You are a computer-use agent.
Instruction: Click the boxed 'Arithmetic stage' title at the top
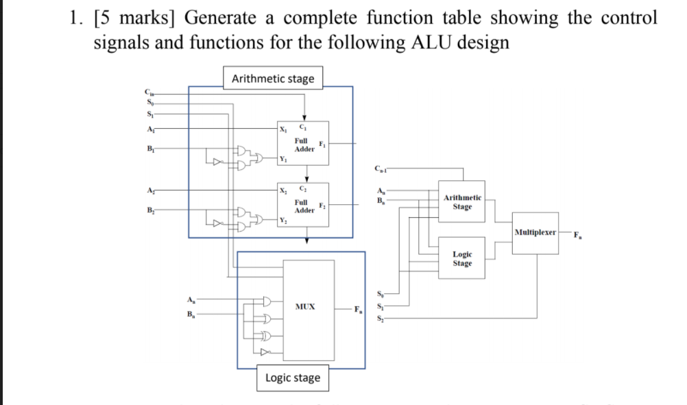click(273, 79)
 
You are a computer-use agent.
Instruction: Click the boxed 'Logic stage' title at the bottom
click(293, 378)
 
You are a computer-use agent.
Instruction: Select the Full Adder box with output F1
click(304, 144)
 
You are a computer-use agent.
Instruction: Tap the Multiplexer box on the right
click(535, 232)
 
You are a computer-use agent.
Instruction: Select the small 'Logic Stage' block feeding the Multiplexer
click(462, 258)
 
